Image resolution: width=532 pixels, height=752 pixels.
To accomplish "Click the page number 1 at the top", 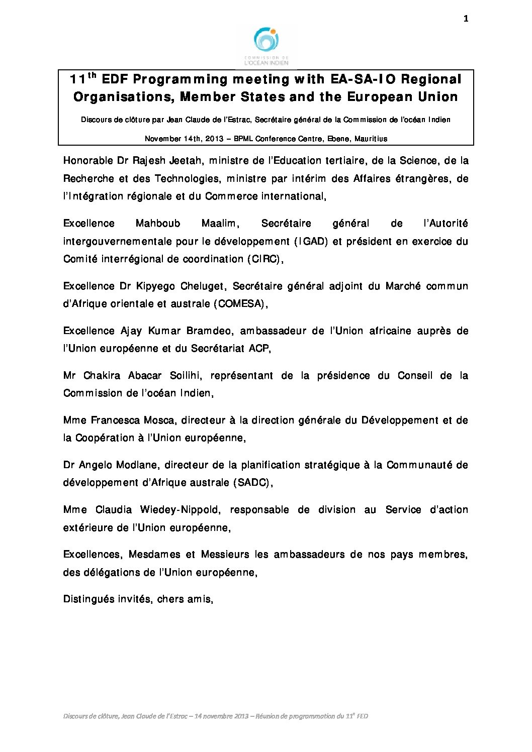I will (466, 19).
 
